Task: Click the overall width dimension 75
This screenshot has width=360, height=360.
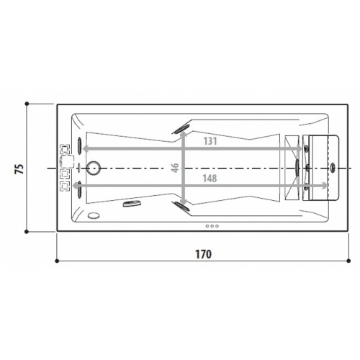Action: click(x=19, y=168)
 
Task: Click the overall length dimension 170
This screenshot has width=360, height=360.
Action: click(x=203, y=254)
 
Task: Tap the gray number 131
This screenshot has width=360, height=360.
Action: click(x=210, y=141)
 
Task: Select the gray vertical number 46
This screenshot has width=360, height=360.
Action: click(x=176, y=168)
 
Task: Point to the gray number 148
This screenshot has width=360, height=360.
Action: click(x=210, y=179)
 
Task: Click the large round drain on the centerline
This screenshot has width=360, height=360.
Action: click(x=94, y=168)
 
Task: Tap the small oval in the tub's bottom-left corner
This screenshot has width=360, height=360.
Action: click(x=94, y=215)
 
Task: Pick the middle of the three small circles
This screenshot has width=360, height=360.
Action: click(x=212, y=226)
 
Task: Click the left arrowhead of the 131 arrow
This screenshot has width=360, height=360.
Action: click(x=84, y=149)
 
